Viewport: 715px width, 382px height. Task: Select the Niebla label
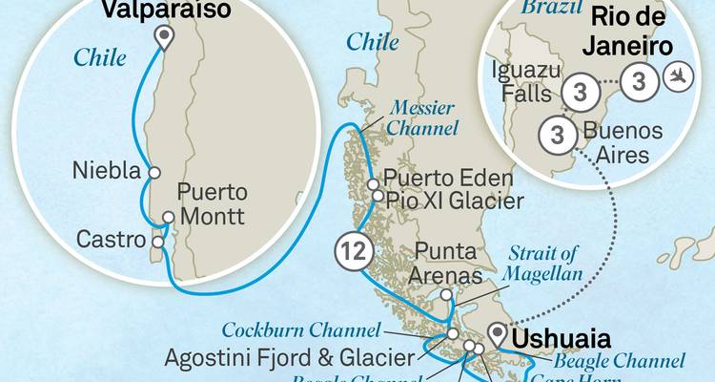point(106,173)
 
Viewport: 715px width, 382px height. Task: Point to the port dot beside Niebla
point(153,173)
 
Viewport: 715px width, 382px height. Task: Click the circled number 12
point(352,252)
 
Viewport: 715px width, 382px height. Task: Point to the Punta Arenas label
point(446,264)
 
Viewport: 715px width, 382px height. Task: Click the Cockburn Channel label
point(301,330)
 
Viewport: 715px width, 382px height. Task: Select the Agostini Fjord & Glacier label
point(290,358)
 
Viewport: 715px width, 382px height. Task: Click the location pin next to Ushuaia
point(496,334)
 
